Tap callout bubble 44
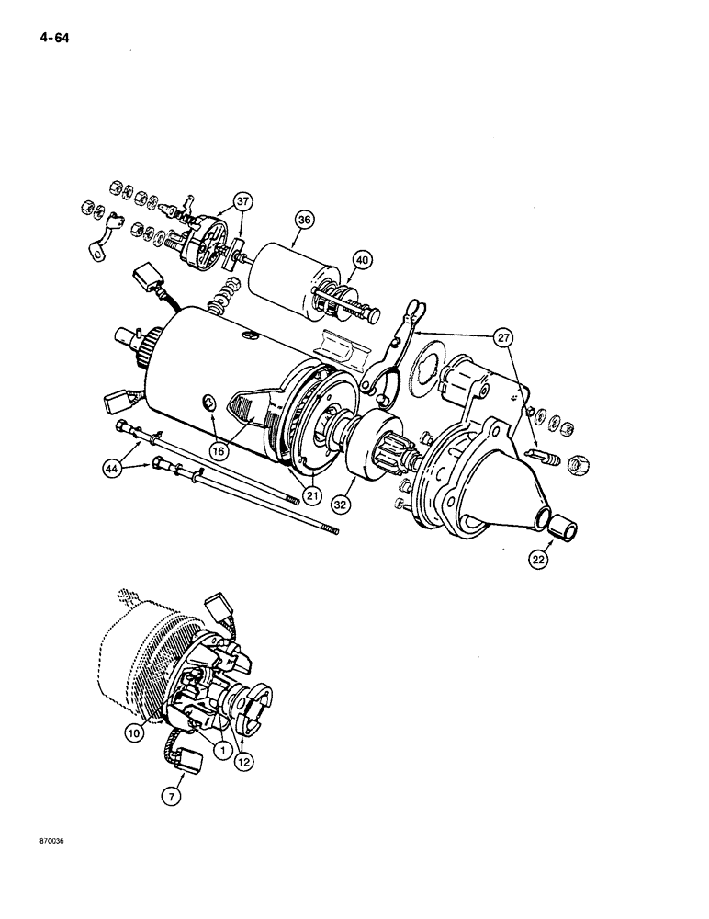(x=111, y=469)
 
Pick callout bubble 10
(x=136, y=732)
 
